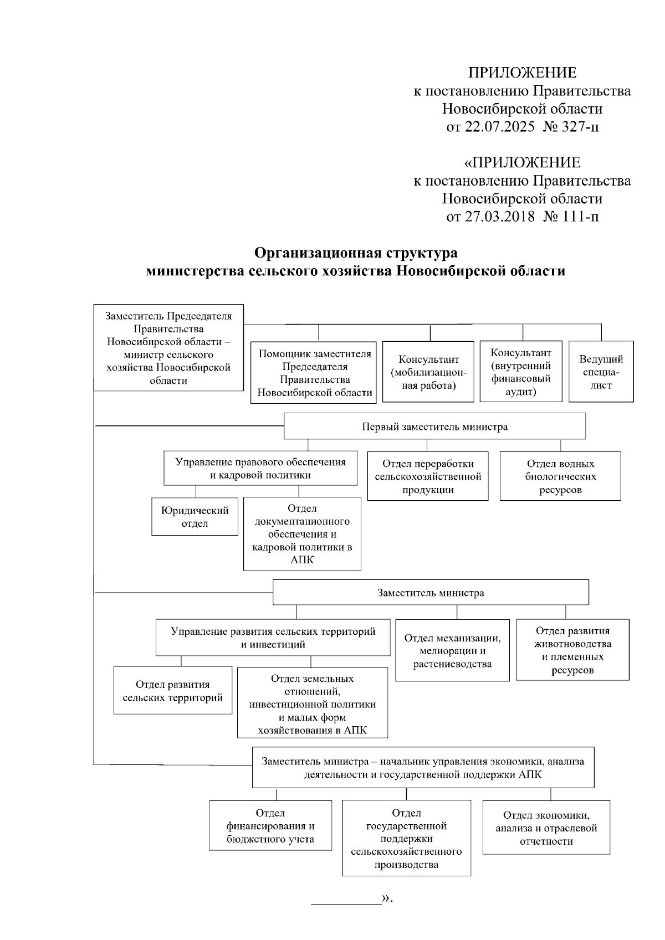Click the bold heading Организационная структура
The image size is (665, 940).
click(x=356, y=253)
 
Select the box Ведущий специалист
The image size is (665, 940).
click(x=601, y=372)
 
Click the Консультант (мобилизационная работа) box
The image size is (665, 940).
click(x=428, y=372)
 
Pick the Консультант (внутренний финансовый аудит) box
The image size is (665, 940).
click(x=521, y=372)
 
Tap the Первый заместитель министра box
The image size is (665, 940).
click(x=434, y=427)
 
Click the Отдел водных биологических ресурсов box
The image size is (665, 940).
click(x=560, y=476)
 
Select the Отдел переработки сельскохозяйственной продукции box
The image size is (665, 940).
click(x=428, y=476)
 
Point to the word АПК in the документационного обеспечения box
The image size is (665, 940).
click(x=302, y=560)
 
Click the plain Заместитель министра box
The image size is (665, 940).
click(x=431, y=593)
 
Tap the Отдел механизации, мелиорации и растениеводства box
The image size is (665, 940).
click(x=452, y=651)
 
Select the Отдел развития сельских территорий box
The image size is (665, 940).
click(x=173, y=691)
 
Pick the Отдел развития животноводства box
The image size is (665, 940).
click(x=572, y=650)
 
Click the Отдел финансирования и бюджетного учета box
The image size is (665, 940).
click(x=270, y=825)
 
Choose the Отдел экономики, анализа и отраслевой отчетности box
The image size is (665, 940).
click(x=546, y=828)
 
